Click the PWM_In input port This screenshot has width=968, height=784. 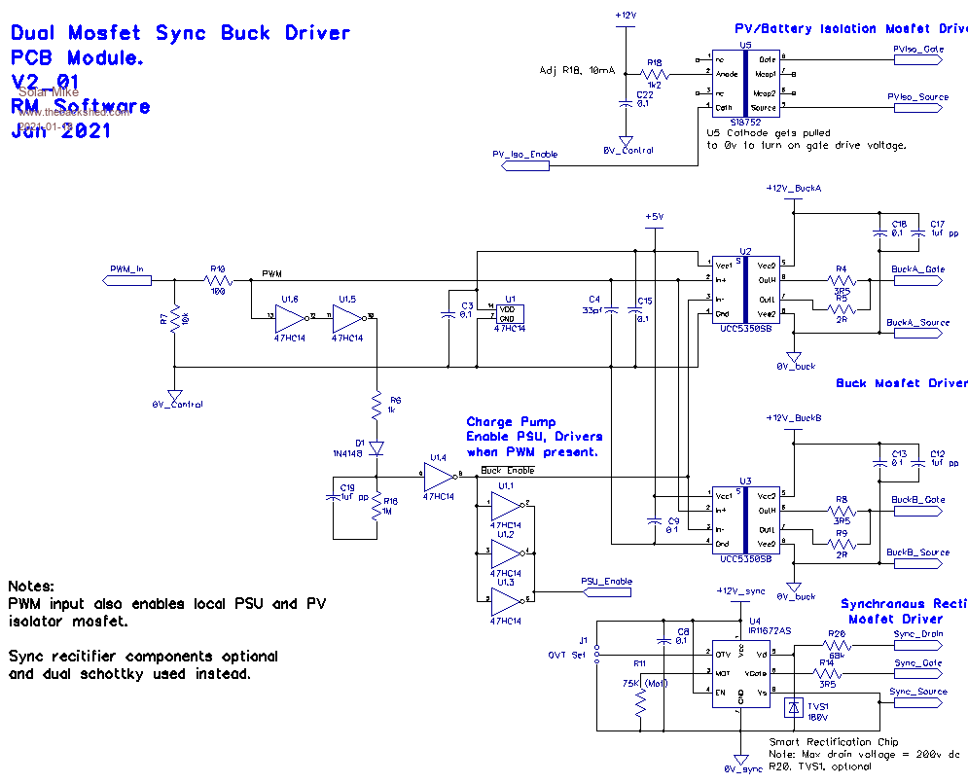point(127,280)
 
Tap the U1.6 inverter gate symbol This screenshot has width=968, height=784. point(290,316)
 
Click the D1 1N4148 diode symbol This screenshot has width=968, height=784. point(376,447)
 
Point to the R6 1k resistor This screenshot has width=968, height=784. point(376,402)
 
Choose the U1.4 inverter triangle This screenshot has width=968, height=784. point(440,476)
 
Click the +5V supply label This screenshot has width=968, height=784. point(654,216)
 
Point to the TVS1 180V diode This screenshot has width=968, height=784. point(795,708)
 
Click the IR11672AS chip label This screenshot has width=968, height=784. point(770,630)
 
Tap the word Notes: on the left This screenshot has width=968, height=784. point(31,587)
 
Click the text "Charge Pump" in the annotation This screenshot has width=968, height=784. point(511,422)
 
